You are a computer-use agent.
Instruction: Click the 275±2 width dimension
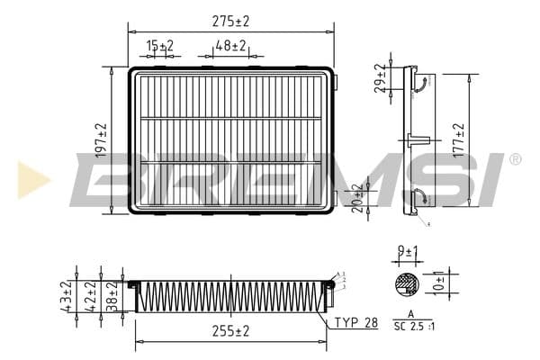tap(230, 19)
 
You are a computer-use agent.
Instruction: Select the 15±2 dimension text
tap(160, 45)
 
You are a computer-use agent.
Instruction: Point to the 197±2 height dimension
tap(101, 140)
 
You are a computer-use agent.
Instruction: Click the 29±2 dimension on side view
tap(381, 78)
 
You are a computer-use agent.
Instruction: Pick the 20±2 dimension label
tap(358, 196)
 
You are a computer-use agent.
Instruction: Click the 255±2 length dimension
tap(230, 331)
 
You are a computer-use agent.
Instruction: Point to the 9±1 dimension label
tap(409, 252)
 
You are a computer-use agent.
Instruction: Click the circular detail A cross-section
tap(408, 284)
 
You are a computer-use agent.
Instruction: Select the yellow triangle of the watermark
tap(31, 179)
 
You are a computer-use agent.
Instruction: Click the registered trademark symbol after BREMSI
tap(515, 159)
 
